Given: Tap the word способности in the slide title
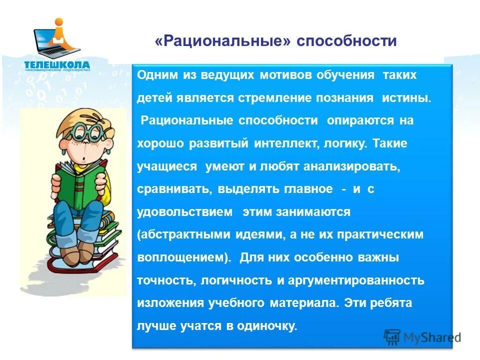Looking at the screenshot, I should (346, 41).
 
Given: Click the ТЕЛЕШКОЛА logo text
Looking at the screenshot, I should (57, 64).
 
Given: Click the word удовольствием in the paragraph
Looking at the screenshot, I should (185, 212).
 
